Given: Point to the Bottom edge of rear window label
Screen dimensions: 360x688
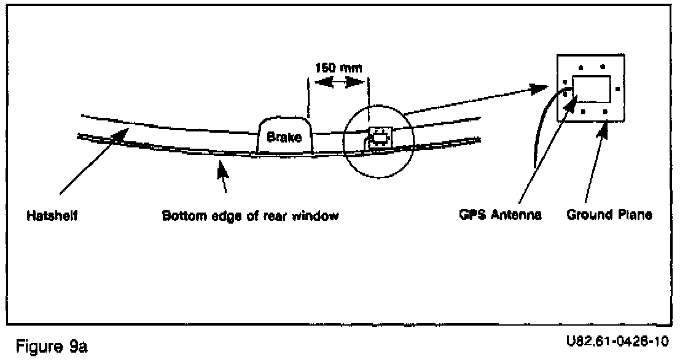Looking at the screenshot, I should [x=251, y=217].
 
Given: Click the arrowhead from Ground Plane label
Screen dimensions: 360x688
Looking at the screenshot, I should [x=606, y=126].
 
